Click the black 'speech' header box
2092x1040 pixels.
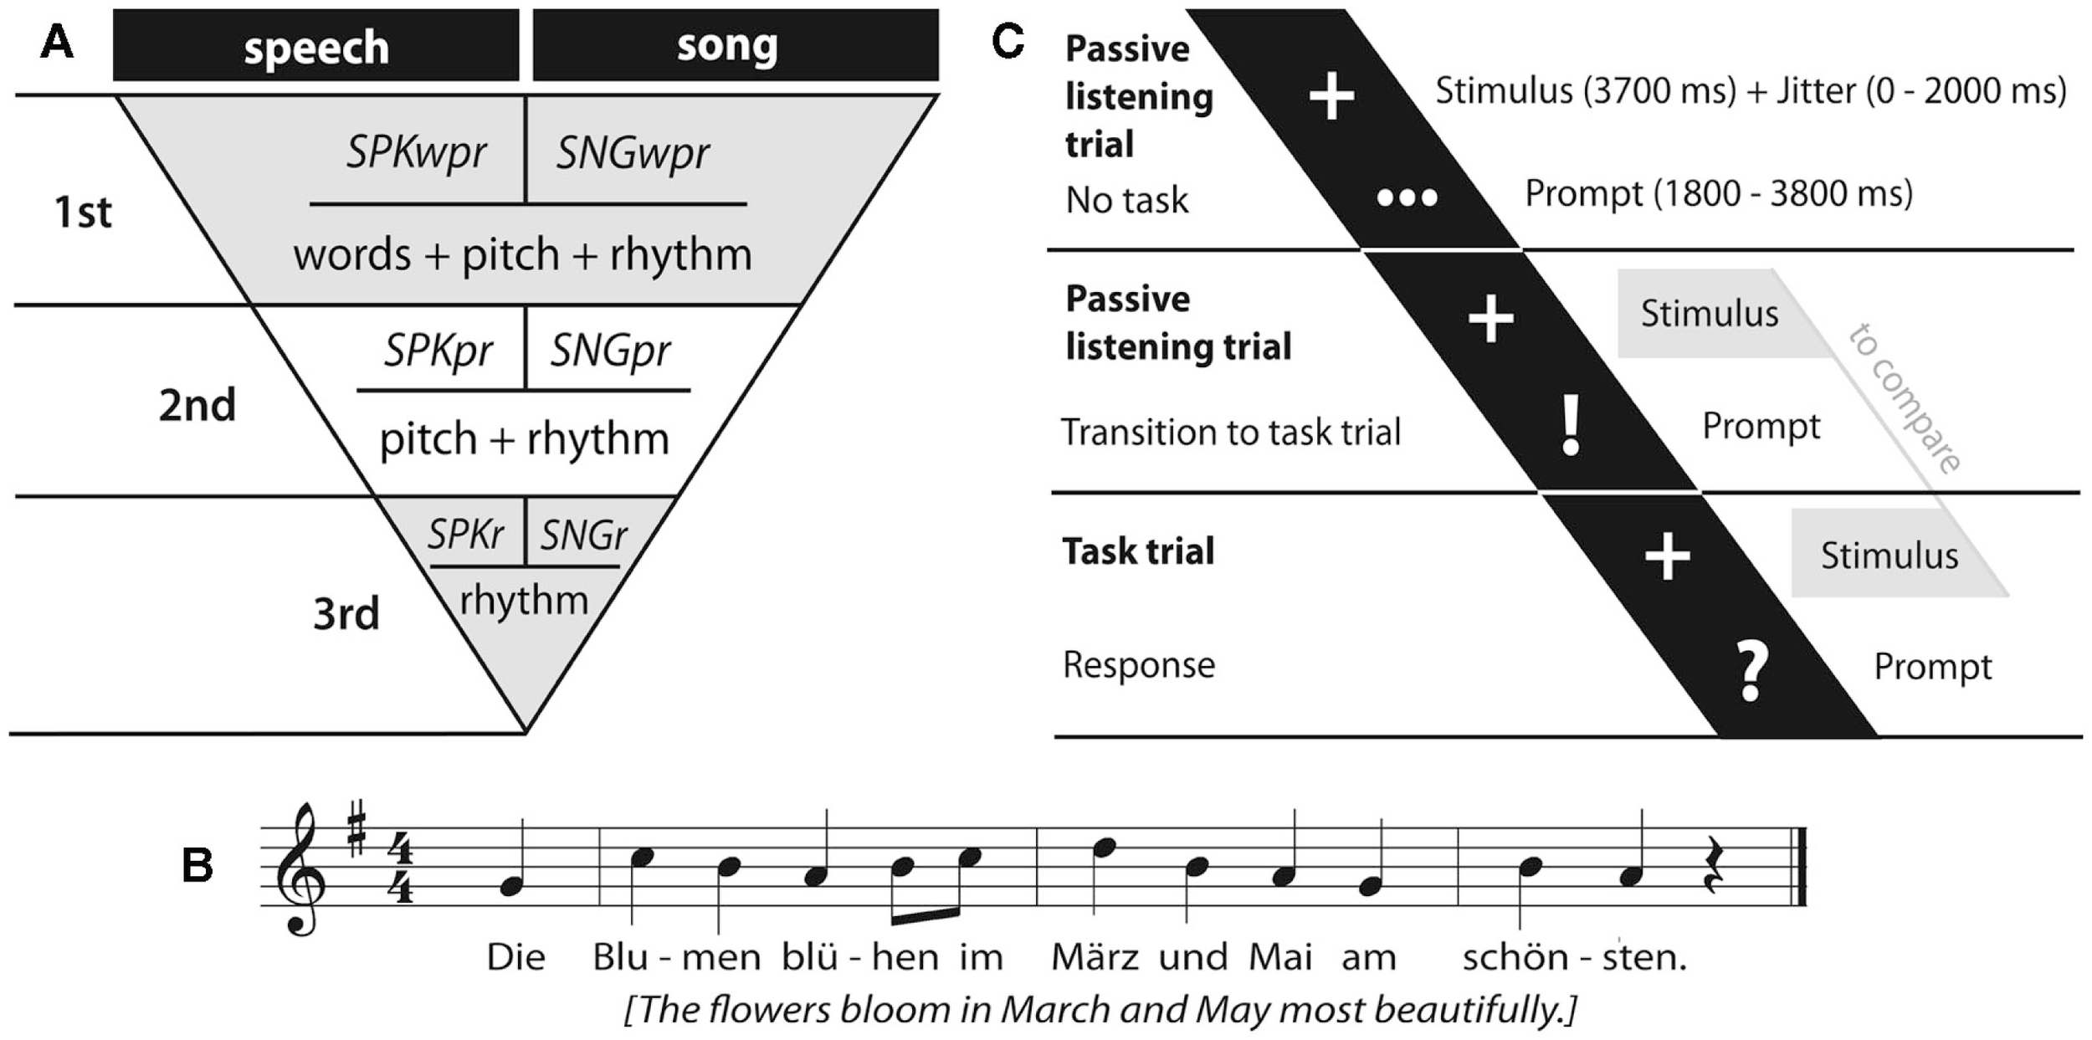click(x=315, y=46)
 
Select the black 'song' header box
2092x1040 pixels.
click(x=736, y=46)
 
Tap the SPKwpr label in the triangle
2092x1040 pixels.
click(x=416, y=153)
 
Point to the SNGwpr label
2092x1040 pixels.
click(x=633, y=153)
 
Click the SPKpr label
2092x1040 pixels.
click(x=438, y=351)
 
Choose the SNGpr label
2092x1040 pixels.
click(x=609, y=351)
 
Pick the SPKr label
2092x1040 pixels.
click(x=465, y=534)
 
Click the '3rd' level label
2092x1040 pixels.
click(x=346, y=614)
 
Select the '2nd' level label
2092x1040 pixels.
click(x=197, y=406)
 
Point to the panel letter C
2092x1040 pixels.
click(x=1008, y=40)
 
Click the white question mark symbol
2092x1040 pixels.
click(x=1753, y=670)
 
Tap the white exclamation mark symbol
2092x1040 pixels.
click(x=1572, y=426)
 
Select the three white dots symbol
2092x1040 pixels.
click(x=1407, y=197)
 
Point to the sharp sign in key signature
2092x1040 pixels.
click(x=356, y=827)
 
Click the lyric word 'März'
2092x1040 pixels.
click(x=1094, y=957)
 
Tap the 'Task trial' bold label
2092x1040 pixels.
click(x=1138, y=551)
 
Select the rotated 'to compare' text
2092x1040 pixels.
click(x=1905, y=397)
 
